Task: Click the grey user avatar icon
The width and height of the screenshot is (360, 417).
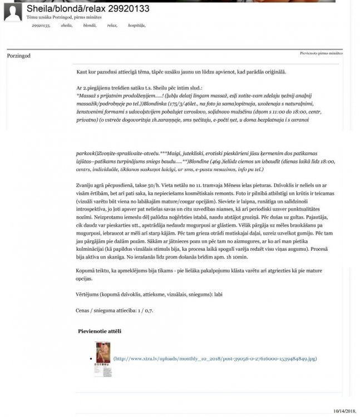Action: [x=12, y=12]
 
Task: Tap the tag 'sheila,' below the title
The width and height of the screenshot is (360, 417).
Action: [x=67, y=26]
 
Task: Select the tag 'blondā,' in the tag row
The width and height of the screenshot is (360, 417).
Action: [x=90, y=26]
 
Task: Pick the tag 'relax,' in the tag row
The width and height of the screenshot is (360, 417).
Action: [x=112, y=26]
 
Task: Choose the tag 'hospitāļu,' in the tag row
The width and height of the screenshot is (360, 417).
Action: [x=137, y=26]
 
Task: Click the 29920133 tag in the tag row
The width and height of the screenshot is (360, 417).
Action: [x=41, y=26]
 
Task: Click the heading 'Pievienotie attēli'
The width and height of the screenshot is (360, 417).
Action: [x=100, y=331]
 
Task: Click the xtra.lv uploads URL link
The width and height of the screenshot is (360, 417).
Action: [x=215, y=359]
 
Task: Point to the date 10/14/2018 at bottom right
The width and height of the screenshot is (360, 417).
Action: [x=344, y=410]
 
